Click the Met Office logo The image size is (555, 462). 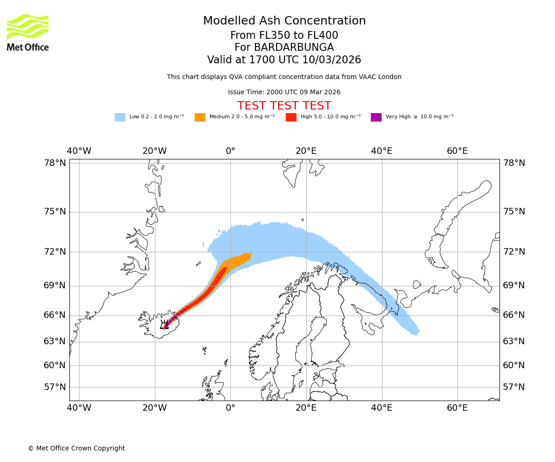[x=28, y=33]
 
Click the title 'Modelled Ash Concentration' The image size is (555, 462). [x=284, y=21]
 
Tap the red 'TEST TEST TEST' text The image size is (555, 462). [x=284, y=106]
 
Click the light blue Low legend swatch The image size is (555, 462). [x=120, y=117]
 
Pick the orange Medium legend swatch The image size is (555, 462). [x=200, y=117]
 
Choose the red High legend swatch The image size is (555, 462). [x=291, y=117]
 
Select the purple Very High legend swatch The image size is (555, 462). [x=376, y=117]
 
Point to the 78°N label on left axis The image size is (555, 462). [x=55, y=163]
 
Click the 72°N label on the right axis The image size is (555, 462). [x=514, y=252]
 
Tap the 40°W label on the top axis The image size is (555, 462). [x=79, y=151]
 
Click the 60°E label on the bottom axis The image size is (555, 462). [x=457, y=408]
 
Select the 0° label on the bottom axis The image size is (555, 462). [x=230, y=408]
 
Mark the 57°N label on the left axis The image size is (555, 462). [x=55, y=387]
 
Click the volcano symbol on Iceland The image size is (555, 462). [x=164, y=325]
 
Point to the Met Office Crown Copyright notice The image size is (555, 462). [x=76, y=448]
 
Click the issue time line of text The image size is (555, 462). [x=284, y=92]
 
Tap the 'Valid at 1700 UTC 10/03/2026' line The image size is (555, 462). [x=284, y=60]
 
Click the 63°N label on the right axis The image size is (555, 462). [x=514, y=341]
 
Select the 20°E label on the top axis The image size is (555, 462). [x=306, y=151]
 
